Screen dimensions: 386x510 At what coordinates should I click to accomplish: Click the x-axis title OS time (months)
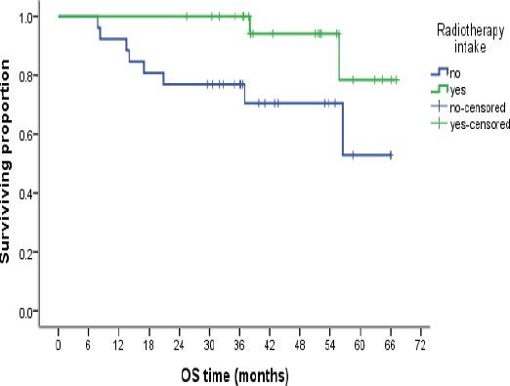[x=234, y=375]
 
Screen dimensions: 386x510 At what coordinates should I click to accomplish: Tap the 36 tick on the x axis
[x=239, y=346]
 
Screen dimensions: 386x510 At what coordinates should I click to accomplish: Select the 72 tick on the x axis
[x=420, y=346]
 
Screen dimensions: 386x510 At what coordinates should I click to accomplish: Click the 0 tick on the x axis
[x=59, y=346]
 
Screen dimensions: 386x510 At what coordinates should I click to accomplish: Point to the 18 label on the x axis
[x=149, y=346]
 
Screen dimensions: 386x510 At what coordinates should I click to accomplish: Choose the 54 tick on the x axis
[x=329, y=346]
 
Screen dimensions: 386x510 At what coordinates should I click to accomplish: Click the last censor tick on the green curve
[x=396, y=79]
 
